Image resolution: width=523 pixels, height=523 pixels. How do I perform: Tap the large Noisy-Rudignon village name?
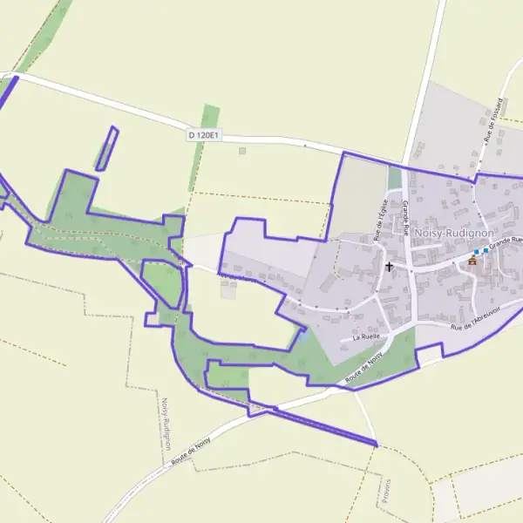[454, 234]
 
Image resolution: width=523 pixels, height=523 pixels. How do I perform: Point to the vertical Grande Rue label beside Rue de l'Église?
[407, 219]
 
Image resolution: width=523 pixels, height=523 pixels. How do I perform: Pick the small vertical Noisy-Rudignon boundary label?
[164, 425]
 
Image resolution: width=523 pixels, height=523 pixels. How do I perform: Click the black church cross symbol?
[389, 265]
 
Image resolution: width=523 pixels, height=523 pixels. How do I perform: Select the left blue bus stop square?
[477, 251]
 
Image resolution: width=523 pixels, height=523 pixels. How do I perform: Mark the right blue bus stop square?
[486, 250]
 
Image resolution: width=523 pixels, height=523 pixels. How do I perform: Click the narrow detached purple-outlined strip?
[106, 149]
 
